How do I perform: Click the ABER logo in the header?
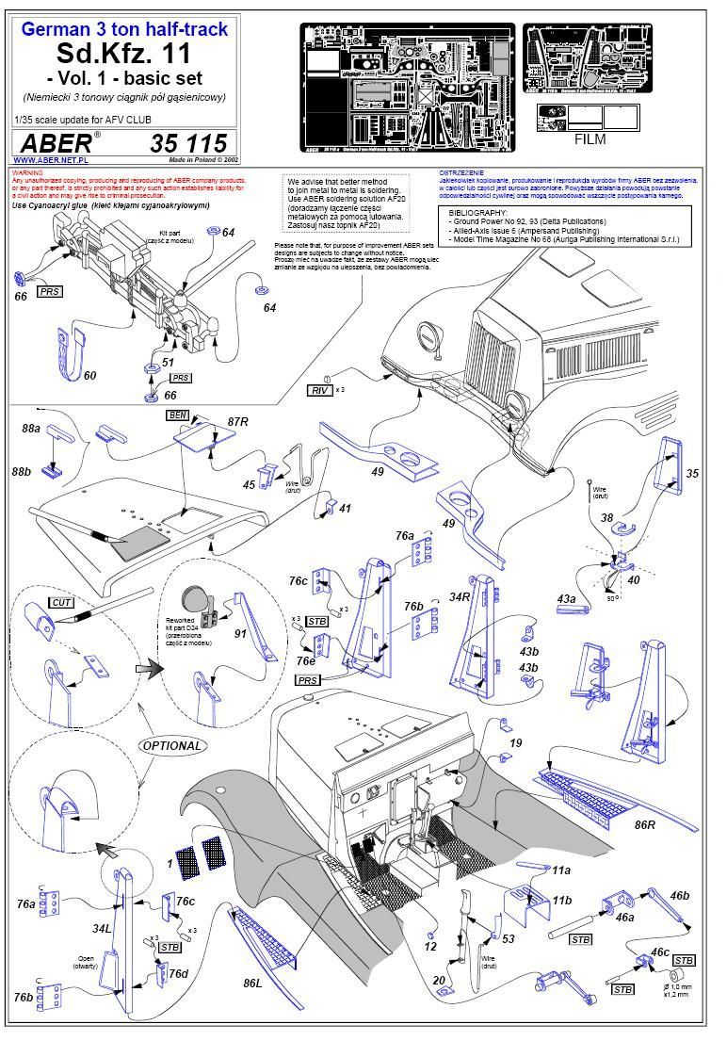tap(54, 142)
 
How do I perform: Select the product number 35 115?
tap(188, 143)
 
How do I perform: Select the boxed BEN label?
tap(177, 415)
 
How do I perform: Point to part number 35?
tap(694, 473)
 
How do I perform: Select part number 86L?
tap(252, 983)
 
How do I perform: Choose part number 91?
tap(241, 634)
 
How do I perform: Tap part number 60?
tap(90, 375)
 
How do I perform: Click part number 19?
tap(515, 744)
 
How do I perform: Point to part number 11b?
tap(562, 900)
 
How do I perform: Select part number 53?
tap(509, 938)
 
